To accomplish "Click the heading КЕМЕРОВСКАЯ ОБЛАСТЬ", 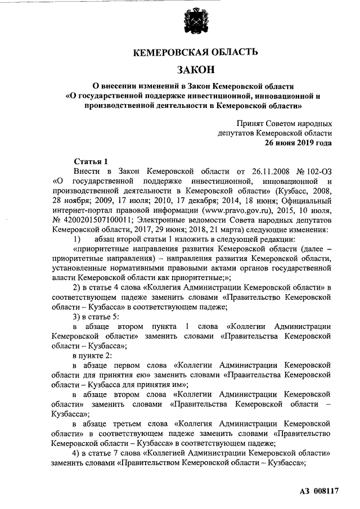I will point(195,53).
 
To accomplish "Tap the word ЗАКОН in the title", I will point(195,70).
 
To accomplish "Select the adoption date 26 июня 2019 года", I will point(298,143).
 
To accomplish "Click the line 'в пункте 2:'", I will point(93,355).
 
